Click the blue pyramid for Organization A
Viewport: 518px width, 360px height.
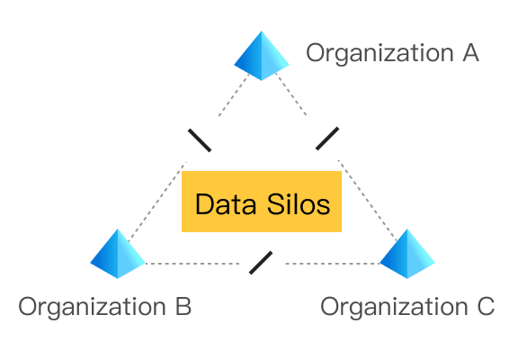[262, 56]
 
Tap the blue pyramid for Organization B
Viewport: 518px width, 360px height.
[118, 254]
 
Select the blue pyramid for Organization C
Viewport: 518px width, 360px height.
[407, 254]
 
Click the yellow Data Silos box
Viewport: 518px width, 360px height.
[262, 202]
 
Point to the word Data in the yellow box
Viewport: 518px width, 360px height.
[226, 204]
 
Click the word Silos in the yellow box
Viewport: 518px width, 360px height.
[299, 204]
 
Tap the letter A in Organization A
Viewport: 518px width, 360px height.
[470, 52]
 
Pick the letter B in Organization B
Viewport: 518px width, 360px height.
[183, 306]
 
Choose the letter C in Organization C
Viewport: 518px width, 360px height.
[486, 306]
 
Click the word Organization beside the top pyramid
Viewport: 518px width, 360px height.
[380, 54]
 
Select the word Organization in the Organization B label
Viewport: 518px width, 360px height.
[92, 308]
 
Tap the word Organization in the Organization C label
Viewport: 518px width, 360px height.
[394, 308]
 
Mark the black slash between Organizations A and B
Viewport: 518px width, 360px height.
[200, 140]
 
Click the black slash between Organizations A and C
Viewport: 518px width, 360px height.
[327, 139]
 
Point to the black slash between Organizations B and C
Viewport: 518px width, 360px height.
[261, 263]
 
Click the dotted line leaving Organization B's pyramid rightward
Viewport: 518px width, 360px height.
[192, 264]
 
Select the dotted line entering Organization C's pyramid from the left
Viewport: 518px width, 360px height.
[333, 264]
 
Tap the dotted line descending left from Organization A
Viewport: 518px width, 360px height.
[234, 95]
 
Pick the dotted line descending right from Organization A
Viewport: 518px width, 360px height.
[291, 94]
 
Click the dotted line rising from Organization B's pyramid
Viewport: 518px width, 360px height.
[157, 202]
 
